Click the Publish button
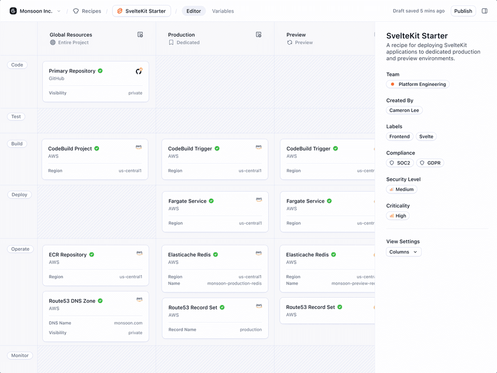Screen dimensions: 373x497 click(463, 11)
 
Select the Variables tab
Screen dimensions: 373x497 click(223, 11)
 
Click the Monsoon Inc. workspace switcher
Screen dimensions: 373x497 click(35, 11)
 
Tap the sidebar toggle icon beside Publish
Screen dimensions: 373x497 click(484, 11)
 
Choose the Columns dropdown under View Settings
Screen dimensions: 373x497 click(403, 252)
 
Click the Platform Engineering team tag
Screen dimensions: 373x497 click(418, 85)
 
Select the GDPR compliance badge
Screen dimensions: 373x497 click(430, 163)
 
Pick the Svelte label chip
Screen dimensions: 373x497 click(426, 137)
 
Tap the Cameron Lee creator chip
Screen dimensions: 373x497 click(404, 111)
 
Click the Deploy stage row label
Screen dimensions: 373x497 click(19, 195)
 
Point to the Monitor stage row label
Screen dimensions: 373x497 click(20, 356)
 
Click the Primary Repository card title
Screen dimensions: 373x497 click(72, 71)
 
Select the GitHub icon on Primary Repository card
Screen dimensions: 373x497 click(139, 71)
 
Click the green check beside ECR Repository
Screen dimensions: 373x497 click(92, 254)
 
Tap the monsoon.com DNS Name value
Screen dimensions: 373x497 click(128, 323)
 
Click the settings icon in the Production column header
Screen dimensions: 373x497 click(259, 35)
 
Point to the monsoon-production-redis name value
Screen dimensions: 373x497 click(234, 284)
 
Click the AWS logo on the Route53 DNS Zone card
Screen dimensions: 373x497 click(139, 300)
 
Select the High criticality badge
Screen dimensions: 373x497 click(398, 216)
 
